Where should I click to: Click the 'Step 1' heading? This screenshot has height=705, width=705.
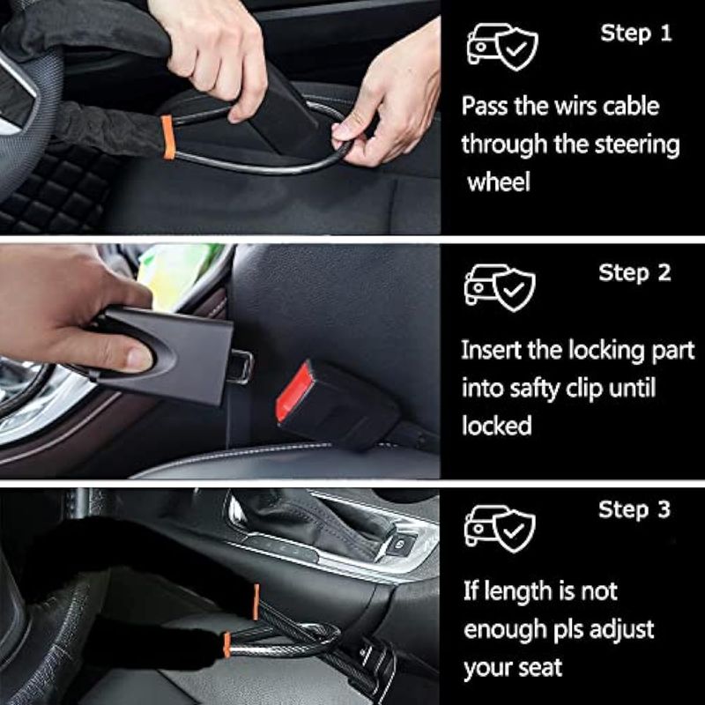(635, 33)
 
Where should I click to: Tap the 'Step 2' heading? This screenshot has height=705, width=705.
(634, 273)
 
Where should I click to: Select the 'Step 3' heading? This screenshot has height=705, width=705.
(634, 509)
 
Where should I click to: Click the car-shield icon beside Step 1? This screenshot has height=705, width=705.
(502, 47)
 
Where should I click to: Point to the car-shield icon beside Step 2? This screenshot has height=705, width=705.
(500, 288)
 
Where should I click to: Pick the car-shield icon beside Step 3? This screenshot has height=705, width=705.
(500, 529)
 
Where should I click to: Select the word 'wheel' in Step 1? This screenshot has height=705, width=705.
(499, 182)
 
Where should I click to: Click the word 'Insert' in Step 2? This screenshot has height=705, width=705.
(491, 350)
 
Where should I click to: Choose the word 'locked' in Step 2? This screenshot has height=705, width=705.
(496, 426)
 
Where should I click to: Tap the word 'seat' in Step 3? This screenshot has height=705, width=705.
(540, 668)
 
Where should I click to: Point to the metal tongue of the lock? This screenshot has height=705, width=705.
(240, 367)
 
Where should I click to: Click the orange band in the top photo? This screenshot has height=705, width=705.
(167, 137)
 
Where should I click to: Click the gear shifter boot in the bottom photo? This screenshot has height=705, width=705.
(315, 522)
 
